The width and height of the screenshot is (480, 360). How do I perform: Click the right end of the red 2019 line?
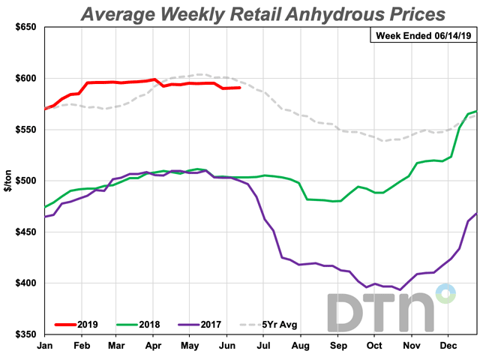pos(239,88)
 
